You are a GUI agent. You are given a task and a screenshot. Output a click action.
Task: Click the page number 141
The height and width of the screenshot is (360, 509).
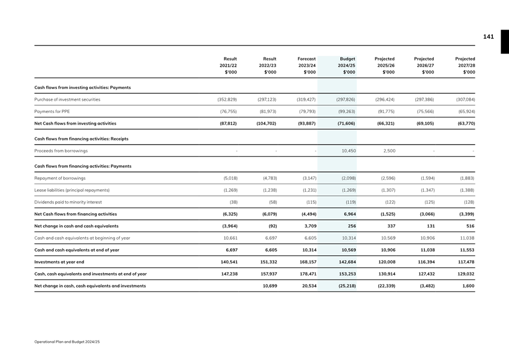click(x=488, y=37)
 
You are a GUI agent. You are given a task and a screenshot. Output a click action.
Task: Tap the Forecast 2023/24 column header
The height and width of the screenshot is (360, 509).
click(x=307, y=65)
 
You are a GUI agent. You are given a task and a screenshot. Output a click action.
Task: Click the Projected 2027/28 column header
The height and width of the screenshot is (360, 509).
click(x=465, y=65)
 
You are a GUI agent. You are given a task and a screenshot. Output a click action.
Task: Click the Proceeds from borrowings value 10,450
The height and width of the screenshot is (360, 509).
click(x=348, y=150)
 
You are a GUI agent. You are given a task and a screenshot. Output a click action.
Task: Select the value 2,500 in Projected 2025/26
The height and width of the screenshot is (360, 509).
click(x=388, y=150)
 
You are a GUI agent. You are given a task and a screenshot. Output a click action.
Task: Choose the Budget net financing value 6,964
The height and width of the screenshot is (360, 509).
click(x=349, y=214)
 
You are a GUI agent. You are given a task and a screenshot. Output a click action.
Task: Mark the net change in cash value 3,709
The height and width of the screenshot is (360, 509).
click(x=309, y=226)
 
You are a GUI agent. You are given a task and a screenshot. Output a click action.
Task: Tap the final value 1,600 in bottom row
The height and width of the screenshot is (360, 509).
click(x=467, y=287)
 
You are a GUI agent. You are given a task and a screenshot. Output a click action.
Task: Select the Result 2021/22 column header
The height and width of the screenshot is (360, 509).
click(x=229, y=65)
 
